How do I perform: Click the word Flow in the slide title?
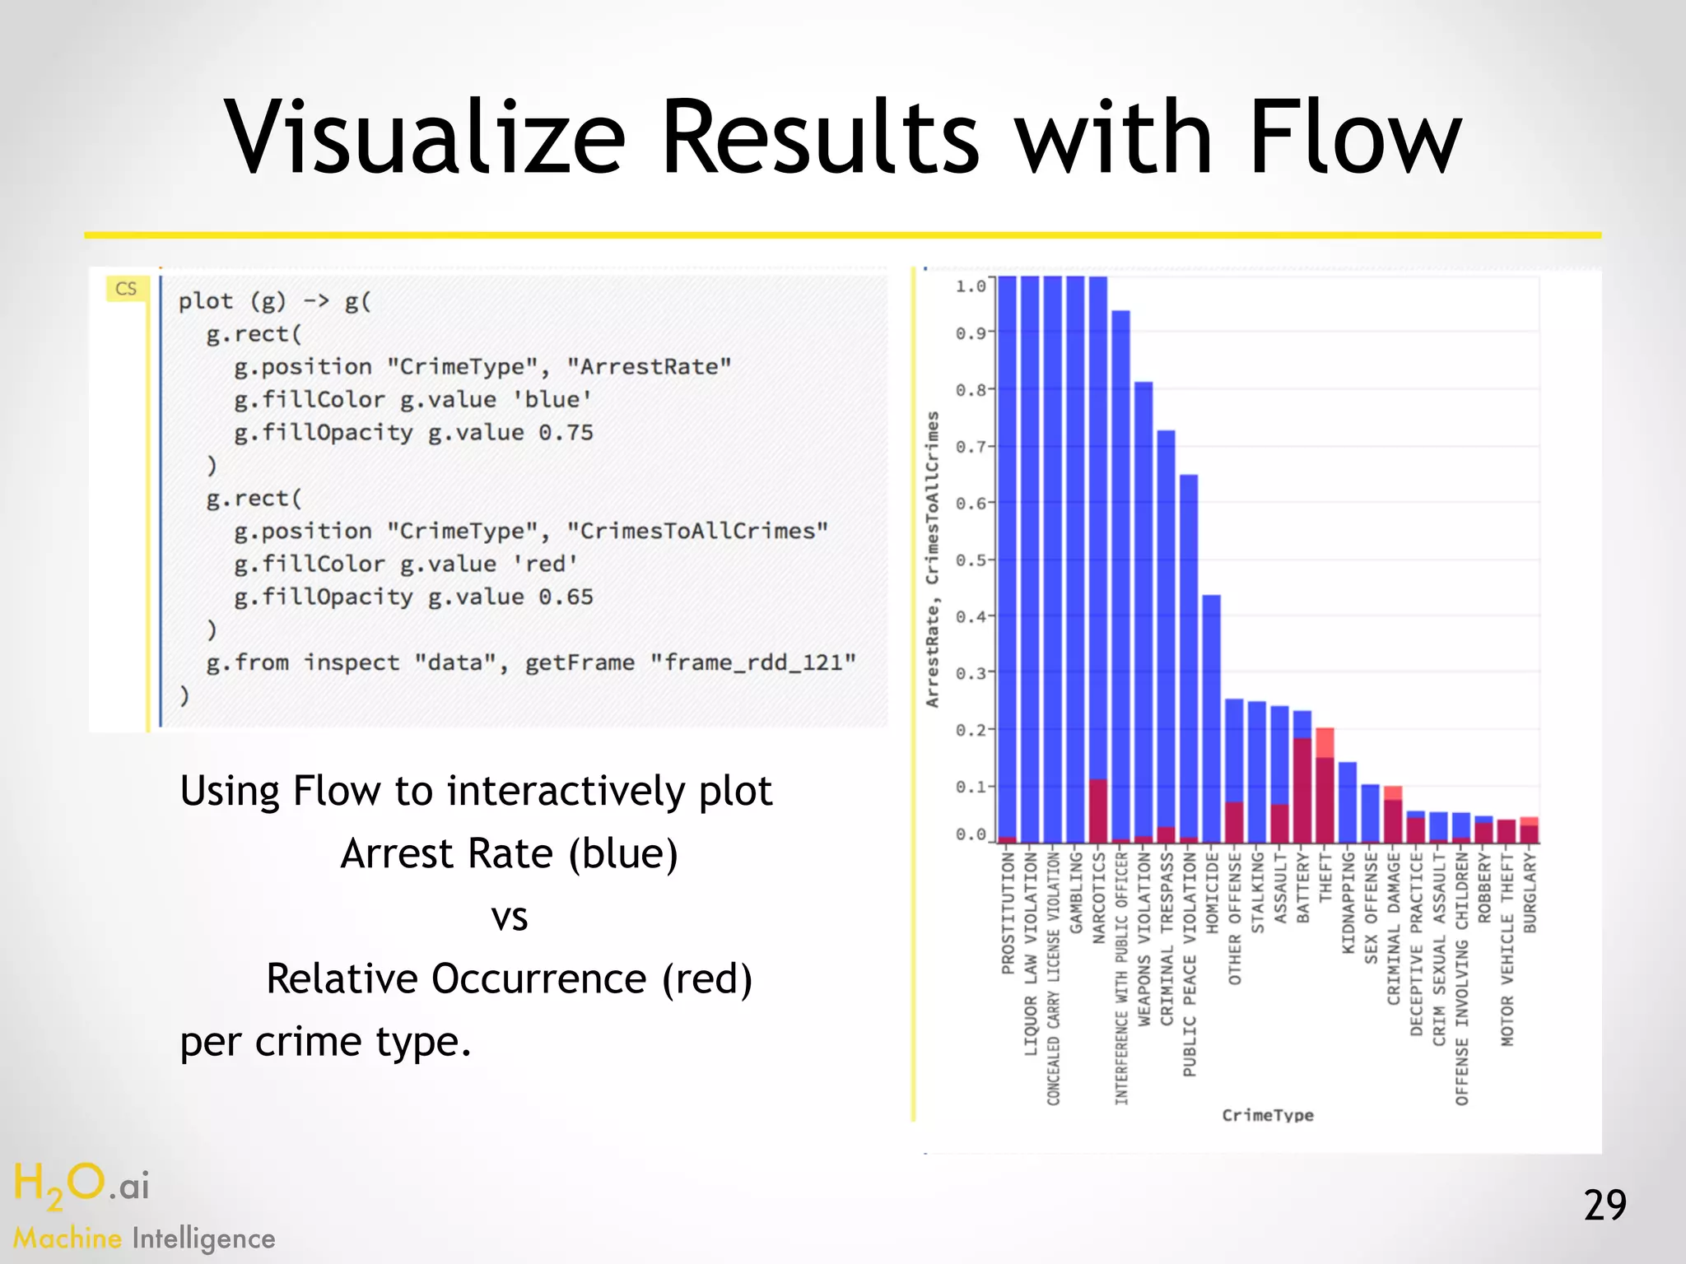(1354, 137)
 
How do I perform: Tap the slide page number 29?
(1604, 1206)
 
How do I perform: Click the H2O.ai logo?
(82, 1186)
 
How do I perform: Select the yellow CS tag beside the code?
(126, 289)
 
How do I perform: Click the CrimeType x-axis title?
(1267, 1115)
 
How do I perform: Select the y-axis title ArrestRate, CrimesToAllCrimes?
(932, 560)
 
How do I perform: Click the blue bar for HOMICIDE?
(1211, 716)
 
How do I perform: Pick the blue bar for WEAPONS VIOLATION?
(1143, 609)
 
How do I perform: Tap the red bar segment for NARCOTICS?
(1098, 811)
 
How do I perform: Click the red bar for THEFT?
(1325, 790)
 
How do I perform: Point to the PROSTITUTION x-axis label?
(1008, 913)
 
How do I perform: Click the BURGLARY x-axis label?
(1530, 893)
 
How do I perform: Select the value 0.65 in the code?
(566, 597)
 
